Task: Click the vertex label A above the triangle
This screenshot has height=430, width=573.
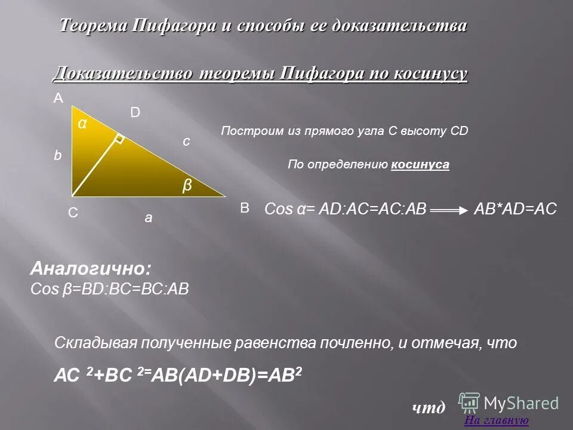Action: click(x=58, y=99)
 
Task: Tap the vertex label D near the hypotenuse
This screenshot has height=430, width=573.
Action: click(x=135, y=112)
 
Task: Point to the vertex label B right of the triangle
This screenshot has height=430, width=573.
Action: click(x=244, y=208)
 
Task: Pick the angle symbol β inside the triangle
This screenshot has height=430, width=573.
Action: click(x=187, y=186)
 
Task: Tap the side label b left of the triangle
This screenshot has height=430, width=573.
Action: click(x=58, y=155)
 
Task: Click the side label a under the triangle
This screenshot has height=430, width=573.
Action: click(x=149, y=219)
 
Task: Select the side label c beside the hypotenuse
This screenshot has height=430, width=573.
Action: click(x=186, y=141)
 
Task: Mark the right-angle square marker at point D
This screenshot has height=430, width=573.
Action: click(x=119, y=139)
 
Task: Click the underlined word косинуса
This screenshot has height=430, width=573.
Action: click(x=420, y=164)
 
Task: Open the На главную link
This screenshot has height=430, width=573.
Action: click(x=496, y=420)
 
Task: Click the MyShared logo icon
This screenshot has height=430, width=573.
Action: click(x=469, y=401)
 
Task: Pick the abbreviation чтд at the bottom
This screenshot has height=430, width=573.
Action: click(x=429, y=408)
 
